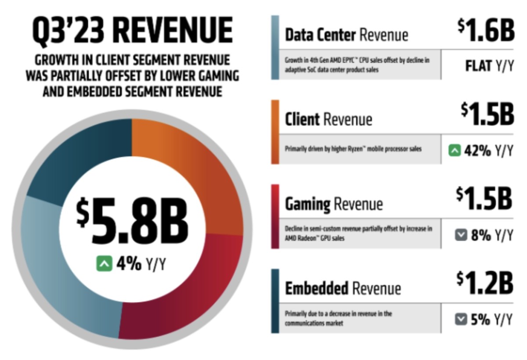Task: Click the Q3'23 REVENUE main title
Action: pos(132,32)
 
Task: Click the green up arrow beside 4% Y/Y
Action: pos(105,264)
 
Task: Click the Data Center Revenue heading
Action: pos(346,35)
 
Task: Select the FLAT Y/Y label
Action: pos(489,66)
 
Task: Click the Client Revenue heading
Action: pos(328,119)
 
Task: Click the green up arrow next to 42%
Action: pos(454,151)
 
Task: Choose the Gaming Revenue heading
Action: pos(334,204)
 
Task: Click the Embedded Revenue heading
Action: pos(343,288)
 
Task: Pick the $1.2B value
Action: pos(485,283)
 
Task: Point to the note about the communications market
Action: pos(338,318)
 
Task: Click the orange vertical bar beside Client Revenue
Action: pos(275,132)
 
